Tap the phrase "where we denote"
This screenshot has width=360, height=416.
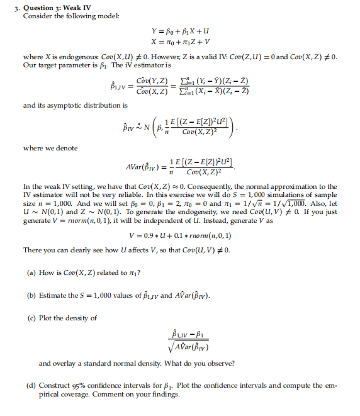click(x=50, y=148)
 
